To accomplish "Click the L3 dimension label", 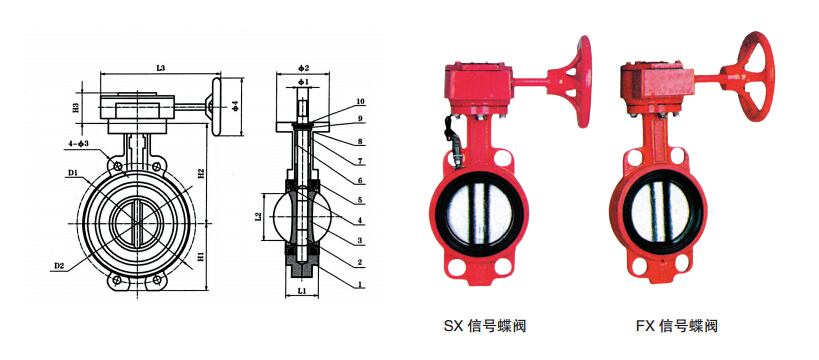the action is point(160,68).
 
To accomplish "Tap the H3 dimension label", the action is point(76,108).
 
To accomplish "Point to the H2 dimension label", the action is point(201,175).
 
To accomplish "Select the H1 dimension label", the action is point(201,256).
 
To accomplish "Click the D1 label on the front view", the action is point(73,172).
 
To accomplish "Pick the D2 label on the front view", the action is point(58,266).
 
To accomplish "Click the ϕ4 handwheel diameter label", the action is point(236,106).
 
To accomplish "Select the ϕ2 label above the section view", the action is point(304,68).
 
